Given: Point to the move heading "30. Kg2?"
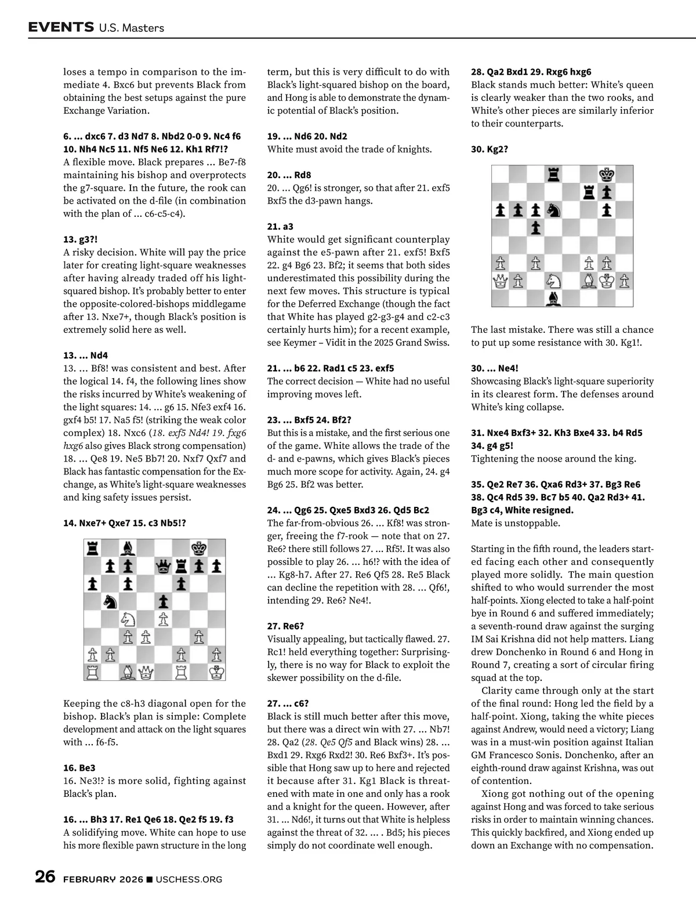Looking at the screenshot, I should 490,149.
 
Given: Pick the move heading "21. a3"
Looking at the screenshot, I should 280,227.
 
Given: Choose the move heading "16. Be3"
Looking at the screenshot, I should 79,768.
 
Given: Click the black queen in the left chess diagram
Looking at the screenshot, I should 164,565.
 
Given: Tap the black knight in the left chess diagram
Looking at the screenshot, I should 110,601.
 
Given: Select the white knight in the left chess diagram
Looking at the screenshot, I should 128,619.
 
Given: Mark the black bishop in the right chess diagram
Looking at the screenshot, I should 553,299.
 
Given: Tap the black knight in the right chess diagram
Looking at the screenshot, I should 553,210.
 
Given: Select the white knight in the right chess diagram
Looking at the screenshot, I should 553,281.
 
